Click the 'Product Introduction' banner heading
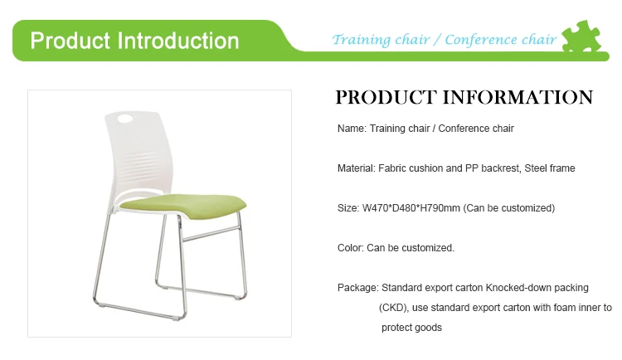[x=134, y=41]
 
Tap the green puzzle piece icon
[x=581, y=36]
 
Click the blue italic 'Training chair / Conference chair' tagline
[x=445, y=40]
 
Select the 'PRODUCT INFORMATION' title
[x=464, y=98]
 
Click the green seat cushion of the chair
[x=183, y=205]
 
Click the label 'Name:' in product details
[x=352, y=129]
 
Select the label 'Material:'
[x=357, y=168]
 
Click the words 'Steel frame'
[x=549, y=168]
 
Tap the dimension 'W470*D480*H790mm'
[x=411, y=208]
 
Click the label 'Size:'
[x=348, y=208]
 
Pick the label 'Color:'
[x=351, y=248]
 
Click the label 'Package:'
[x=358, y=288]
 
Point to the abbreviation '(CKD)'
[x=393, y=308]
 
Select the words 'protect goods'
[x=411, y=328]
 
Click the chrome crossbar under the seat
[x=211, y=234]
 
